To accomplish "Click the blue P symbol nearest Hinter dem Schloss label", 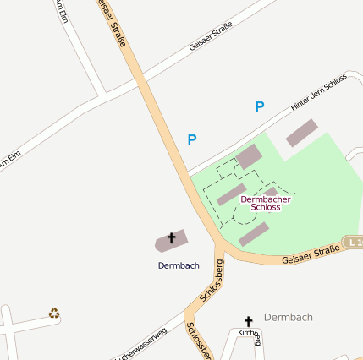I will point(260,106).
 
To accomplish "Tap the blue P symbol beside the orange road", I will point(192,139).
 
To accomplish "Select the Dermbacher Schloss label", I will point(266,203).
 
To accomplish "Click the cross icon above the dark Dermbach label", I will point(172,238).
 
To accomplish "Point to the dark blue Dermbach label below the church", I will point(179,265).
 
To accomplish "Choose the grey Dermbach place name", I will point(289,317).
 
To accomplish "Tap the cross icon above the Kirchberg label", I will point(249,321).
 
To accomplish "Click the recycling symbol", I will point(54,314).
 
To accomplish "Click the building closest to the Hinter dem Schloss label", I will point(302,133).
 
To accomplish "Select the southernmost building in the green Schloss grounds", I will point(254,234).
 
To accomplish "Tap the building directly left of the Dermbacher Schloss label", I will point(231,194).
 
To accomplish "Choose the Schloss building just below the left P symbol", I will point(249,156).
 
